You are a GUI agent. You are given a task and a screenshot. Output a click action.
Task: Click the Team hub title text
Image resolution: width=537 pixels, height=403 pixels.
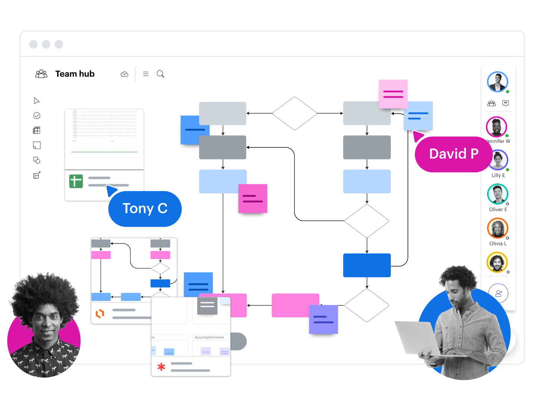(x=75, y=74)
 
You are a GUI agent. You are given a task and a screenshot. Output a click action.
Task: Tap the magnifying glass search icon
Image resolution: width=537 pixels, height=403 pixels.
(x=160, y=74)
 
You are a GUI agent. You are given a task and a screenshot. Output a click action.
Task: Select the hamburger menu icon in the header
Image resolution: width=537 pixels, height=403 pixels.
(x=146, y=74)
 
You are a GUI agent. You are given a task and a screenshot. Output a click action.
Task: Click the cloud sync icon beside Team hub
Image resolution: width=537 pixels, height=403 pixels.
(x=125, y=74)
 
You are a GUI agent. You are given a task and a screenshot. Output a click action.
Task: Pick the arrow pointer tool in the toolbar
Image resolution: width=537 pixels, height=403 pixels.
(x=37, y=101)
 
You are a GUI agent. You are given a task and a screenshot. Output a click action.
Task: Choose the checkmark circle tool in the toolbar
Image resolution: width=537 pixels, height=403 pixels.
(x=37, y=116)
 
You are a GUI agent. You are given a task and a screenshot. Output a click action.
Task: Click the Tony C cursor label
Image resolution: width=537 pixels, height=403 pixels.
(x=145, y=209)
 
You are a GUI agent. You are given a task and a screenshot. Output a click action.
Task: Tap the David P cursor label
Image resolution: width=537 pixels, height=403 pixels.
(x=453, y=154)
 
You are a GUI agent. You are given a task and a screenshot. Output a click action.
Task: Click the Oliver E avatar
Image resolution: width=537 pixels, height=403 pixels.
(x=497, y=194)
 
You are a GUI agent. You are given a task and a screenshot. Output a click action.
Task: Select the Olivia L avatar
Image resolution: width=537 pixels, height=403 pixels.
(x=497, y=228)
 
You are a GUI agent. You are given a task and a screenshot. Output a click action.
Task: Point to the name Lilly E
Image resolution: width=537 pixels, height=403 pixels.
(x=498, y=175)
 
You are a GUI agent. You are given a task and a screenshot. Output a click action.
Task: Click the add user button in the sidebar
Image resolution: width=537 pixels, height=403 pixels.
(x=499, y=293)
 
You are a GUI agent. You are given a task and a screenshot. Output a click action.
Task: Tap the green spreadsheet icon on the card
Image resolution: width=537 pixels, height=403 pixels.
(x=76, y=181)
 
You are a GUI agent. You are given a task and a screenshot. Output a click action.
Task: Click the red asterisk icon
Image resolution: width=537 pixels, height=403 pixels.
(x=161, y=367)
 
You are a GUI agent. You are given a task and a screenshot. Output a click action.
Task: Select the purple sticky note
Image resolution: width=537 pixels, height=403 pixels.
(x=323, y=319)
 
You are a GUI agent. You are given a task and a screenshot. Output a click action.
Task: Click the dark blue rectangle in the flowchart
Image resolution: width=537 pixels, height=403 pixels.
(x=367, y=265)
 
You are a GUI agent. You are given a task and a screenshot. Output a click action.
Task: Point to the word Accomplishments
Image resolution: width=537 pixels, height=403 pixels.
(x=209, y=337)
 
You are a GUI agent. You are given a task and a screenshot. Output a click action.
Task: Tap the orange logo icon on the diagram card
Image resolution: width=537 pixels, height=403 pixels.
(x=100, y=314)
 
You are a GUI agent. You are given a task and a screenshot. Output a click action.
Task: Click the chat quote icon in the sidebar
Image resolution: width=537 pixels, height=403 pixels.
(x=506, y=103)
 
